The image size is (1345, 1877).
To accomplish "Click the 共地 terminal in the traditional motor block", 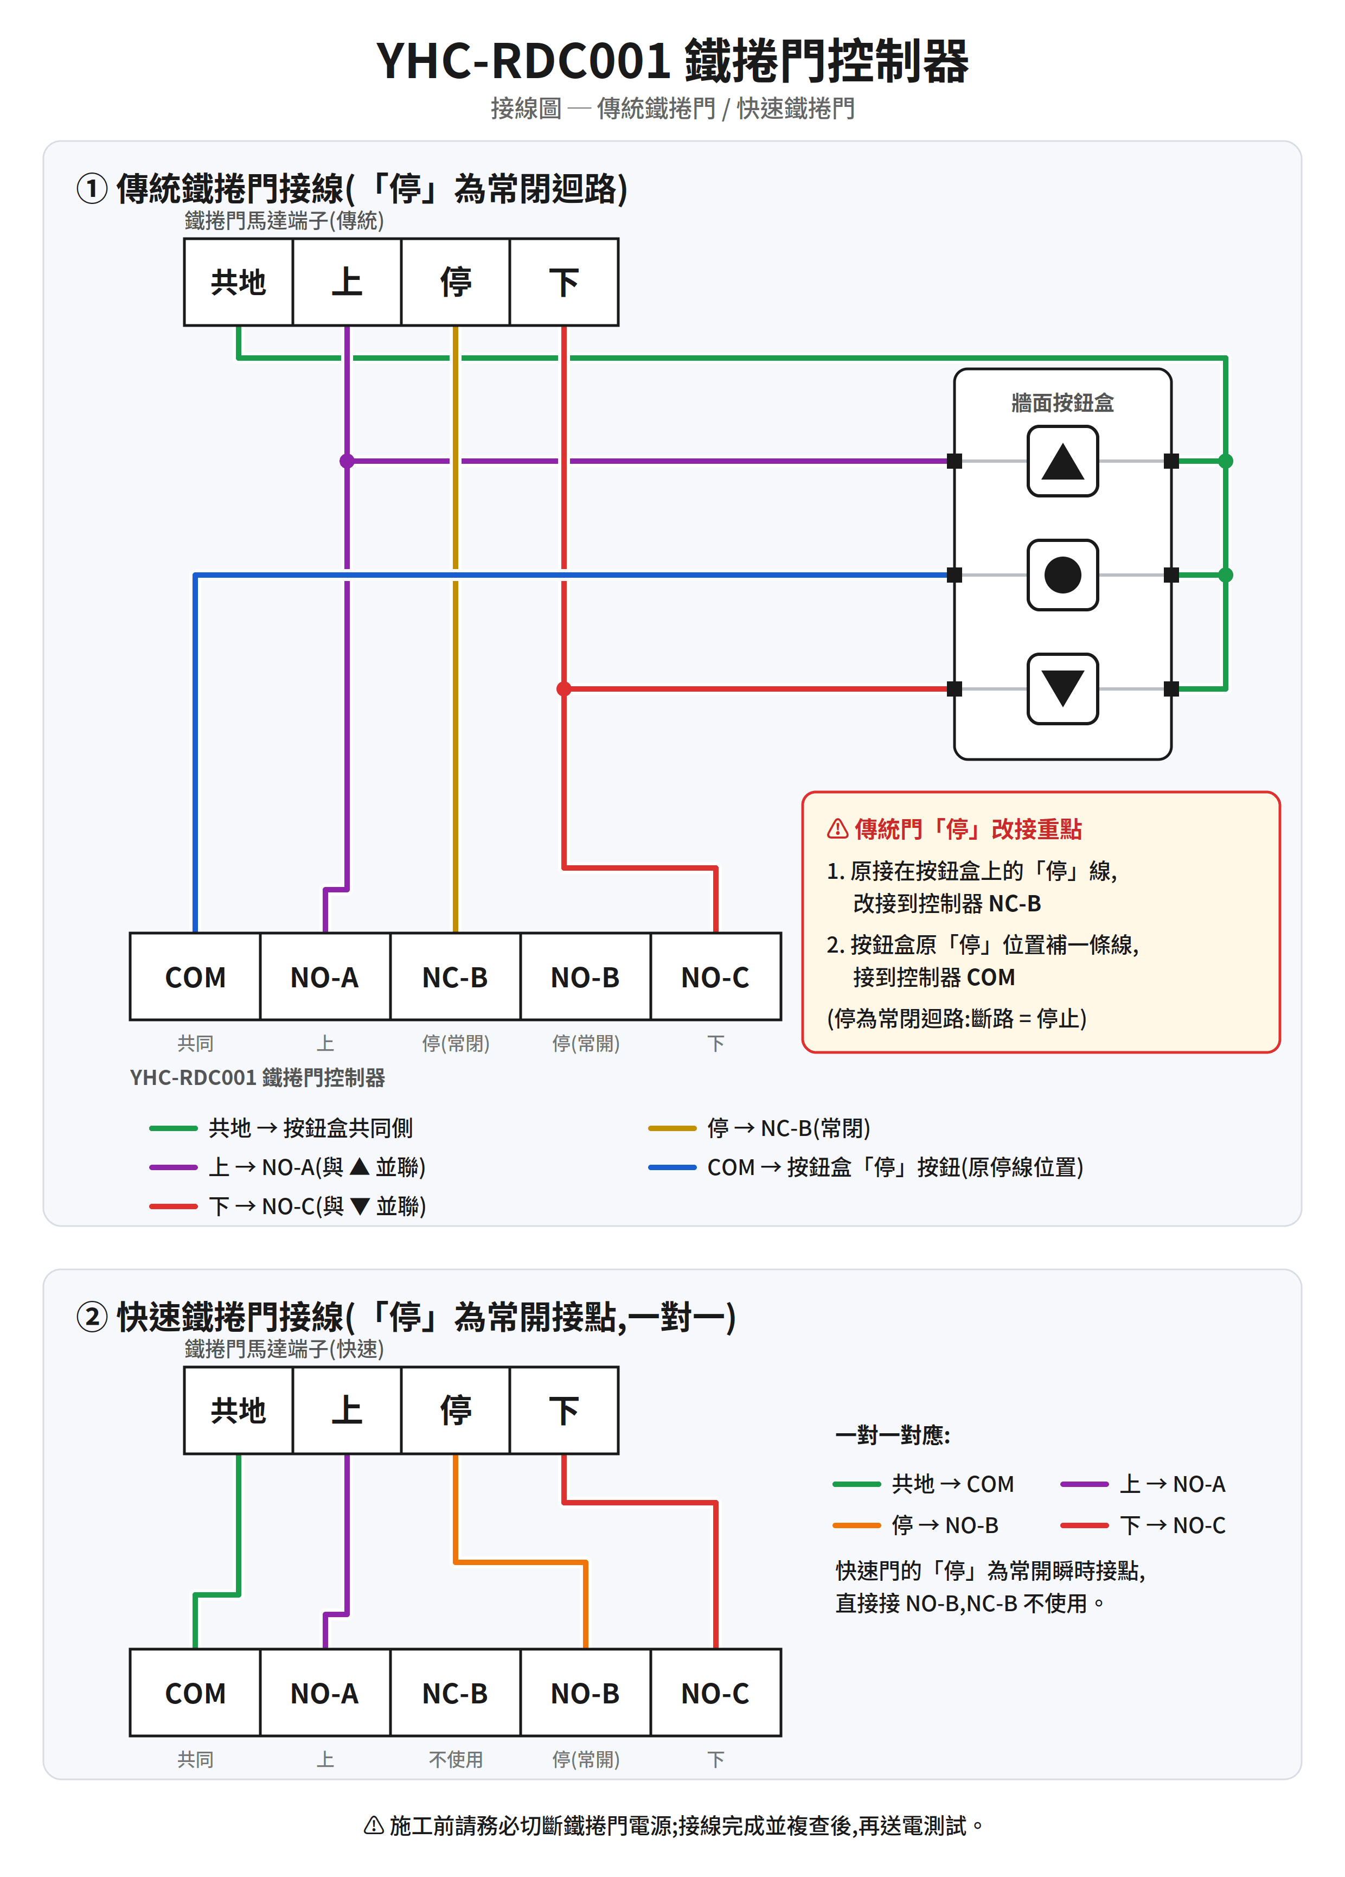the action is (238, 282).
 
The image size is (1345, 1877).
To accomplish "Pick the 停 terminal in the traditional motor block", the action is (455, 282).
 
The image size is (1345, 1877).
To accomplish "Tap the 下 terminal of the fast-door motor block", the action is (564, 1409).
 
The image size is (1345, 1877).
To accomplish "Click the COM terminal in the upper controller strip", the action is (195, 976).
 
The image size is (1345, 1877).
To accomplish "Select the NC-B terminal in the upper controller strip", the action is (455, 976).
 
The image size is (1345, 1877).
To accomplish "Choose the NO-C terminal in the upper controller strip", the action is (715, 976).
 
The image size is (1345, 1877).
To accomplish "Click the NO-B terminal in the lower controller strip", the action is (586, 1693).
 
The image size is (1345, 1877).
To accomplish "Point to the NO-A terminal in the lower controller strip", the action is (325, 1693).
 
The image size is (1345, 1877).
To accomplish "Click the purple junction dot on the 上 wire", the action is (347, 461).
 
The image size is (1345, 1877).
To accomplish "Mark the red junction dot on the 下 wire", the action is (564, 688).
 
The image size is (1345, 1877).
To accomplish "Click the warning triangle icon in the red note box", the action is (837, 828).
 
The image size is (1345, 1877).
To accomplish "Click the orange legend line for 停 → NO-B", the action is (856, 1524).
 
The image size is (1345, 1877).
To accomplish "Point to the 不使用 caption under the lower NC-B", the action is (456, 1759).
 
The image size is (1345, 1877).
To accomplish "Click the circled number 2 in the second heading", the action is (92, 1316).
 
